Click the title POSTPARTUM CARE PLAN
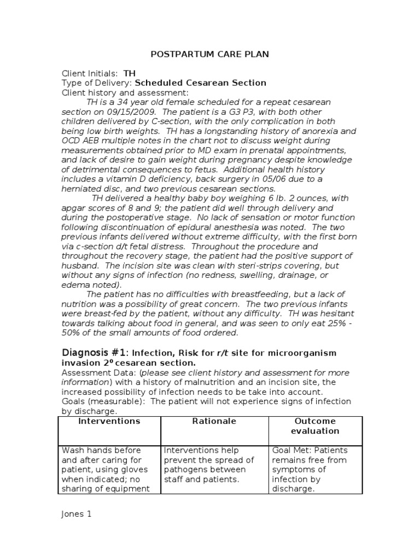pos(209,54)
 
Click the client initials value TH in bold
pos(129,73)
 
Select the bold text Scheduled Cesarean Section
pos(200,83)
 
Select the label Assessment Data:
pos(91,373)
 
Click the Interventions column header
pos(109,421)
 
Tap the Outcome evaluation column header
pos(315,426)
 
